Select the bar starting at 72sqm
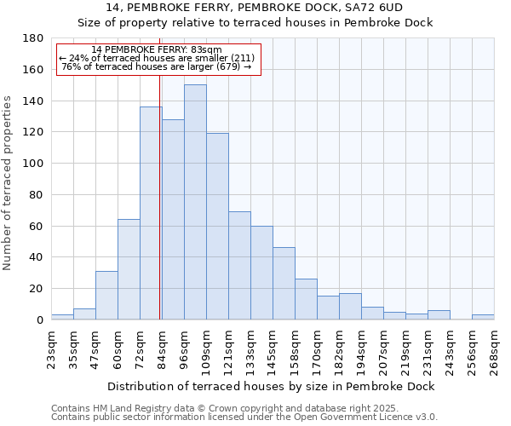pyautogui.click(x=151, y=213)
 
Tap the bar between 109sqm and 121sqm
pyautogui.click(x=217, y=226)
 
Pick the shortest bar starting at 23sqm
pyautogui.click(x=62, y=317)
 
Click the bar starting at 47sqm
pyautogui.click(x=106, y=295)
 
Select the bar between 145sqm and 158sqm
pyautogui.click(x=284, y=283)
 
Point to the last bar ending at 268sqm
pyautogui.click(x=483, y=317)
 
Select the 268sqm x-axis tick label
pyautogui.click(x=494, y=348)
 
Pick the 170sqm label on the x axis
pyautogui.click(x=317, y=348)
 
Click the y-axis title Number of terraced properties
pyautogui.click(x=9, y=182)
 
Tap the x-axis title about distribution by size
pyautogui.click(x=273, y=386)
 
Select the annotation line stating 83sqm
pyautogui.click(x=157, y=49)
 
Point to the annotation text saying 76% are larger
pyautogui.click(x=157, y=66)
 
